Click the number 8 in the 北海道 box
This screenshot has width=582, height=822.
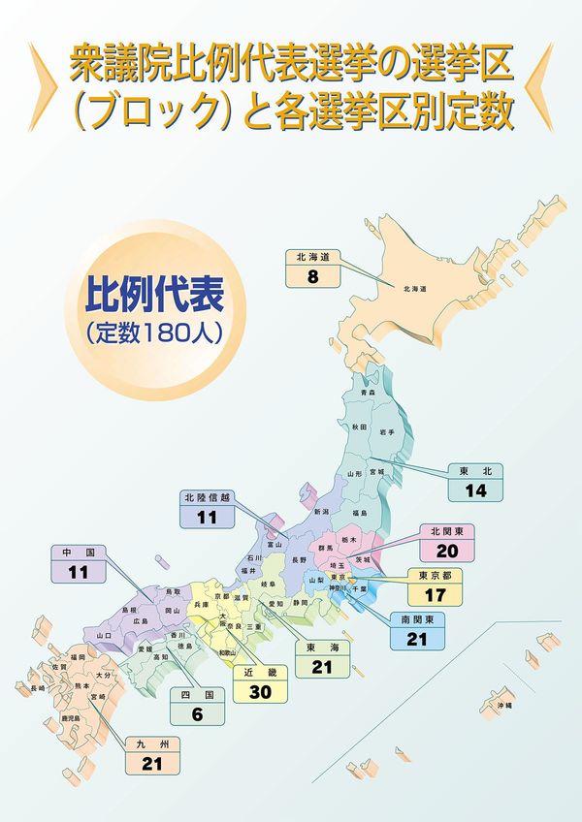(x=313, y=275)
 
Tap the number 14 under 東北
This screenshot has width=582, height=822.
(x=474, y=490)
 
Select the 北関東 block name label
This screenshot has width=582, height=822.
(x=447, y=531)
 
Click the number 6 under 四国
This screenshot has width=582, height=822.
(x=197, y=714)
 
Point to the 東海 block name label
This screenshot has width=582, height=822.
(x=322, y=648)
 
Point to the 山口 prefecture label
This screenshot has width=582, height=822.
(x=104, y=634)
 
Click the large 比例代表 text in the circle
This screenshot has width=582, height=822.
(x=155, y=293)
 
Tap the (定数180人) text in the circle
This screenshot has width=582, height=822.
(x=155, y=329)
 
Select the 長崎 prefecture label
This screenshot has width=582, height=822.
(x=37, y=687)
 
